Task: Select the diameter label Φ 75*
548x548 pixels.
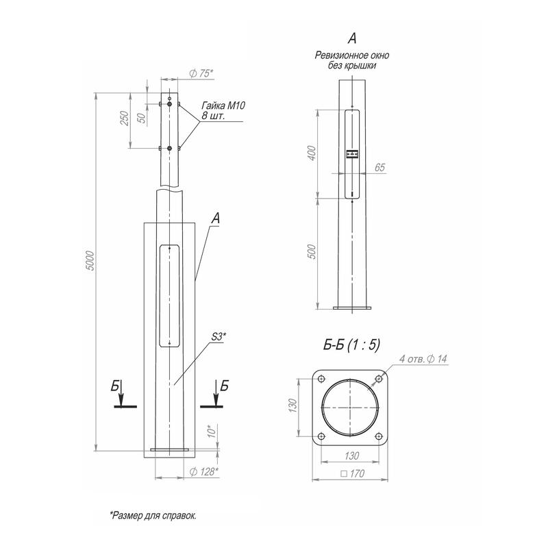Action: tap(199, 74)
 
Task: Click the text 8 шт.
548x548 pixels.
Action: tap(213, 116)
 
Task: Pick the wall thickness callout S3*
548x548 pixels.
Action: tap(219, 336)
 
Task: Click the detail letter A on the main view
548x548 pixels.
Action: tap(216, 219)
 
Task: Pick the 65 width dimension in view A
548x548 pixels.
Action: tap(379, 166)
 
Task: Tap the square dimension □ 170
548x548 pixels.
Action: tap(351, 473)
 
